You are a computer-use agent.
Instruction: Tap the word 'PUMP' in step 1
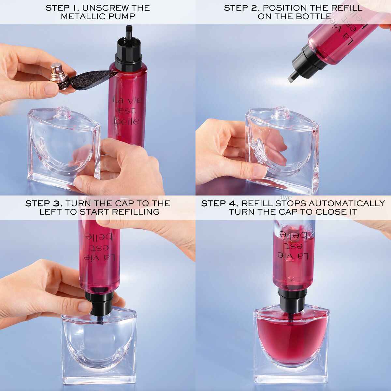click(x=123, y=16)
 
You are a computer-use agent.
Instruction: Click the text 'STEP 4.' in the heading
click(x=220, y=203)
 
